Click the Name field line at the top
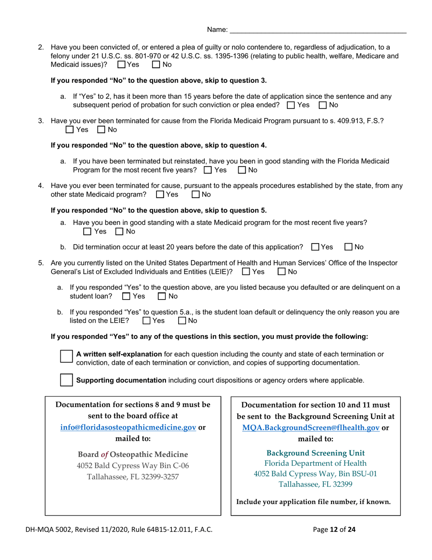click(x=318, y=30)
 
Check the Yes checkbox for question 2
click(x=121, y=65)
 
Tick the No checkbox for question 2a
click(x=323, y=105)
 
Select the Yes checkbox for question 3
click(x=70, y=130)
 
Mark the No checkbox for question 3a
click(x=242, y=170)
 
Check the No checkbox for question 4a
click(x=120, y=232)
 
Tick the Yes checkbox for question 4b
click(x=315, y=247)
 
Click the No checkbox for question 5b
click(x=182, y=321)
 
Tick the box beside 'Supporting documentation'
click(x=66, y=380)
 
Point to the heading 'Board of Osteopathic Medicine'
click(x=133, y=454)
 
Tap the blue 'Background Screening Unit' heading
click(x=315, y=453)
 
